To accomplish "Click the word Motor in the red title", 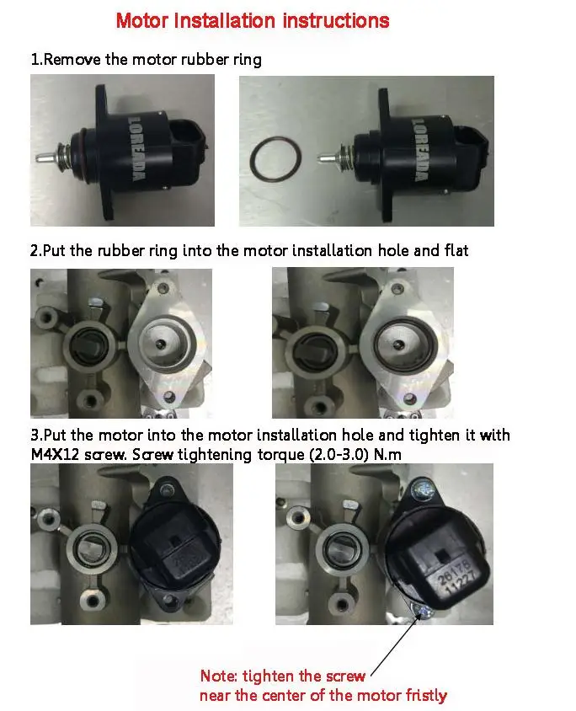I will [141, 20].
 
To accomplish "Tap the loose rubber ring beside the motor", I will [273, 157].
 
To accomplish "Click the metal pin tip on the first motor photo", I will [40, 158].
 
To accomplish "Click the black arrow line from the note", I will [393, 647].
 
